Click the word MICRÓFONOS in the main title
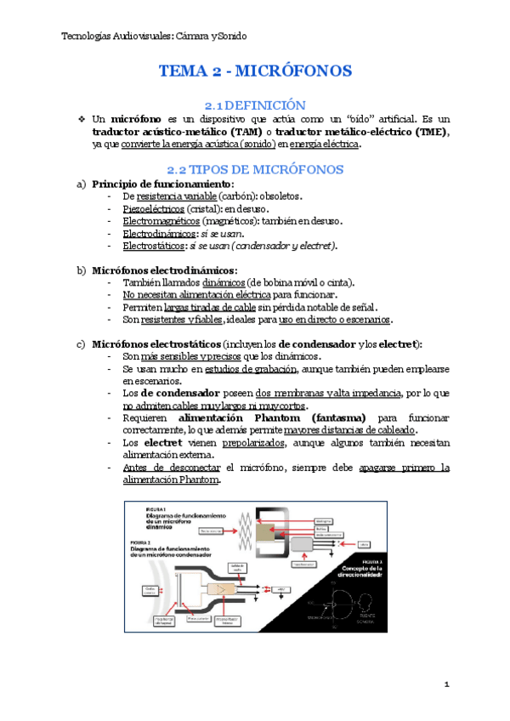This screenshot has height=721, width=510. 297,71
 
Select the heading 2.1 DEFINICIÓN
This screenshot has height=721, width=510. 255,104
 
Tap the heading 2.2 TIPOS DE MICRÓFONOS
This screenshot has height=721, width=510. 255,169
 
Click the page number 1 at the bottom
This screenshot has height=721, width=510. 446,684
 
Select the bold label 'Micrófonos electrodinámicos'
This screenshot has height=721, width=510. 164,270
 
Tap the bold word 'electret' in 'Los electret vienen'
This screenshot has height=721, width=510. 162,443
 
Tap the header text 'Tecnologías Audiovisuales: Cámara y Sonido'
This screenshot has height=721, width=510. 156,37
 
